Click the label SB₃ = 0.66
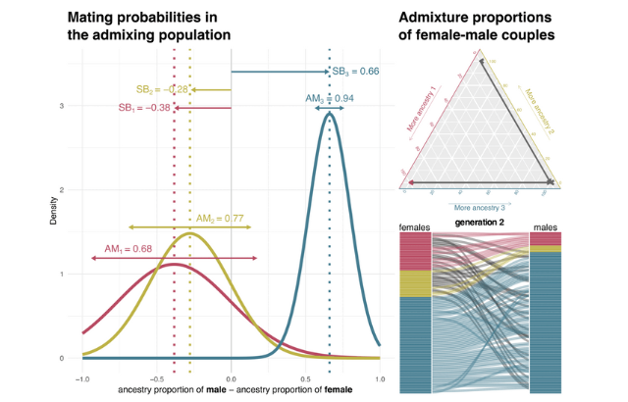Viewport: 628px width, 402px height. [x=354, y=72]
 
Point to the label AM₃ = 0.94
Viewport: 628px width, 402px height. [x=330, y=99]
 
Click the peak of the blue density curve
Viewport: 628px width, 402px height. [x=330, y=113]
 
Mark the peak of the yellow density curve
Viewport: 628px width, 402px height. [x=189, y=233]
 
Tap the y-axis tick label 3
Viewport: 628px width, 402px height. [x=63, y=106]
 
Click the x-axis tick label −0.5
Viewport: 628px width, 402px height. [x=155, y=377]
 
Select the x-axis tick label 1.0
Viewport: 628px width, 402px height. [x=379, y=377]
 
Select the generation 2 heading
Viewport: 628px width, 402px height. [x=480, y=224]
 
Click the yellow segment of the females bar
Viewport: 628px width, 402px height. [x=415, y=283]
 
